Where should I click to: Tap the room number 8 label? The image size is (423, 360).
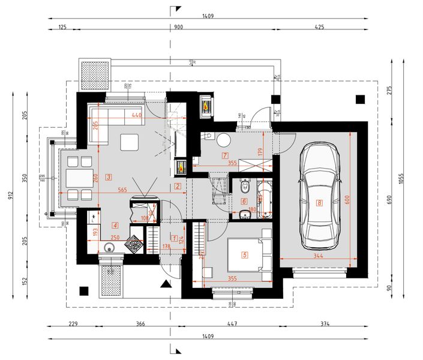320,203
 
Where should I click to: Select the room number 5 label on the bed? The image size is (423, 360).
245,254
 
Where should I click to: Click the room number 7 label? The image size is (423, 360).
225,155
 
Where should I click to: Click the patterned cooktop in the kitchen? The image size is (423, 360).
136,244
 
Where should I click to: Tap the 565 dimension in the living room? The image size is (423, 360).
122,190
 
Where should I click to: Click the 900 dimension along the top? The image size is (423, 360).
179,28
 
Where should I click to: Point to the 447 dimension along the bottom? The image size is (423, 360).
232,325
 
